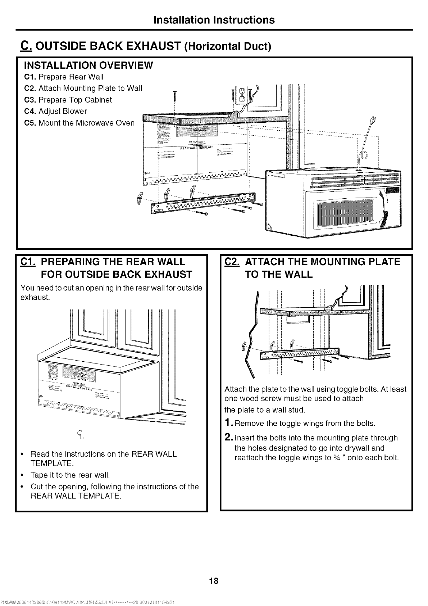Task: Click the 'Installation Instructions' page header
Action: (214, 19)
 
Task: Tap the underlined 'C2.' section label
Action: (232, 262)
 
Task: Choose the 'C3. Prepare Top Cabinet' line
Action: (68, 100)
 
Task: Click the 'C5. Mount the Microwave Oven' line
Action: (79, 123)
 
